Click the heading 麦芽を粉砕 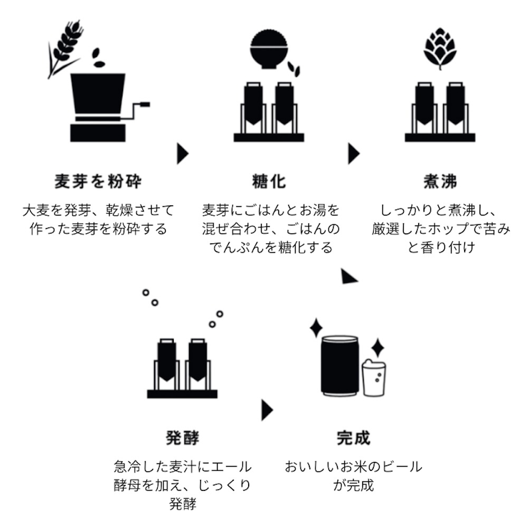[98, 182]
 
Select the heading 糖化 [269, 182]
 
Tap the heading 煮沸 [440, 182]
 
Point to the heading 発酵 [182, 438]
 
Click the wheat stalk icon [64, 46]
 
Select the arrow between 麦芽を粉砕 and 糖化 [183, 154]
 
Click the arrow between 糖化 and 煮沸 [354, 154]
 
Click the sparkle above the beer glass [378, 348]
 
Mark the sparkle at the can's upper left [316, 327]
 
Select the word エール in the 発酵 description [234, 467]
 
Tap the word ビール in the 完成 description [403, 467]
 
